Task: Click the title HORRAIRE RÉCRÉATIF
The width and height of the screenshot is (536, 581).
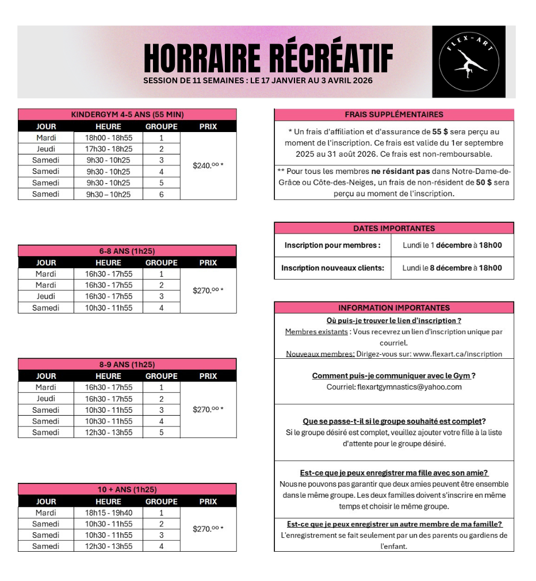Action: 268,58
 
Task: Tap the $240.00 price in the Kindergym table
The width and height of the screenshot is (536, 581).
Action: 208,165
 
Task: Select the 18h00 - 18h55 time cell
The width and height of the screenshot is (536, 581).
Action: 108,138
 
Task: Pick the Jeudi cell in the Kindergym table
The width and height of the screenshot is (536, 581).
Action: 46,149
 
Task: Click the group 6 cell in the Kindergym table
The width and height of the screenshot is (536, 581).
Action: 162,194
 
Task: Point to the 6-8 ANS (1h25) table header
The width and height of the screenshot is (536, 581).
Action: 127,251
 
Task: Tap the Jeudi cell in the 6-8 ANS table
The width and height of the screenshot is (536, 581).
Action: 46,296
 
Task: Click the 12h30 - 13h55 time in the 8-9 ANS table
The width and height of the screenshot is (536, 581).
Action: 108,432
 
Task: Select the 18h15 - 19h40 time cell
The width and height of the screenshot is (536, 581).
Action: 108,513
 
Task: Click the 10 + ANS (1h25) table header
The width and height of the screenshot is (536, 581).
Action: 127,490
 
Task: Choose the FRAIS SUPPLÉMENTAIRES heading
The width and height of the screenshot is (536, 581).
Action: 394,114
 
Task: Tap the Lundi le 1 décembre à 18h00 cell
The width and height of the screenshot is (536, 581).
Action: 452,245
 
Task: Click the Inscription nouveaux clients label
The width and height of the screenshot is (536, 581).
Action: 332,268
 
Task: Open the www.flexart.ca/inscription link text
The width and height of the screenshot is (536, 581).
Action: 457,354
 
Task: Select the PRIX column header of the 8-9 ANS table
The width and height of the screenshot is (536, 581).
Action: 208,376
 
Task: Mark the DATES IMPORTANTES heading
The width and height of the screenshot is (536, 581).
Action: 394,228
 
